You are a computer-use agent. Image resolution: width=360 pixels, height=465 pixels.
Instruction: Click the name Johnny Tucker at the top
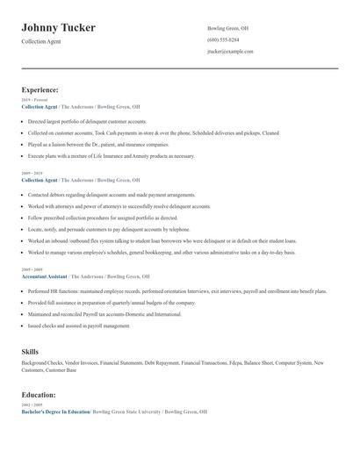59,28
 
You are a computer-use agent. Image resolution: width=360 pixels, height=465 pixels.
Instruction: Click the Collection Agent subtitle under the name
42,41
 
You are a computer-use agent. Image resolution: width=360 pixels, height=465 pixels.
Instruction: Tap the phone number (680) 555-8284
223,39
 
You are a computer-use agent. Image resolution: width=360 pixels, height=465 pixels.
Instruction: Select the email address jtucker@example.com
230,52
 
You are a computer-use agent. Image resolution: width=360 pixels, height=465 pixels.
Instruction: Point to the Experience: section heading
40,89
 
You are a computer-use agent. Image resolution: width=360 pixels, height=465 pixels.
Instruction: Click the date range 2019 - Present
34,100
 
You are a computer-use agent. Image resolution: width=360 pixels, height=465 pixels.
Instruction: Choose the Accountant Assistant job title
45,275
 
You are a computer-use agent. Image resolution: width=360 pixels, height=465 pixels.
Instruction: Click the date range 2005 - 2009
32,269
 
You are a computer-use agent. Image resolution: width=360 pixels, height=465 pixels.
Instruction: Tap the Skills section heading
30,351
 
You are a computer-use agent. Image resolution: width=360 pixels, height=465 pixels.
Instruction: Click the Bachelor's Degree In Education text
55,411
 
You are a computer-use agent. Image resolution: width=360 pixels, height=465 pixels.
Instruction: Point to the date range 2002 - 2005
32,404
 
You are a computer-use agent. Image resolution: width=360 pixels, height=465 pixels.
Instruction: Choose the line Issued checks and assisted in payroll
78,325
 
